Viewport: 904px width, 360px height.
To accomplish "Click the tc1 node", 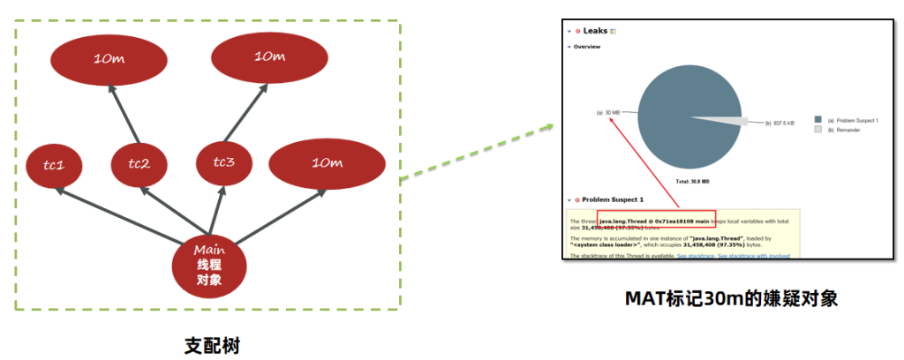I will click(55, 165).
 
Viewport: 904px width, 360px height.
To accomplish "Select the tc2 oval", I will click(139, 163).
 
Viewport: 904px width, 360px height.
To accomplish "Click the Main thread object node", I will click(209, 264).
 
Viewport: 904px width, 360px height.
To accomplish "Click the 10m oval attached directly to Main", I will click(327, 163).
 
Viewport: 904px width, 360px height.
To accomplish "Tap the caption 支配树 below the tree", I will click(211, 344).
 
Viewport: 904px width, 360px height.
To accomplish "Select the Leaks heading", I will click(596, 31).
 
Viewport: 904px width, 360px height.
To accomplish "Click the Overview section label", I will click(587, 47).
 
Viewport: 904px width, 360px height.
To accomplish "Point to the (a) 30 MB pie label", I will click(608, 113).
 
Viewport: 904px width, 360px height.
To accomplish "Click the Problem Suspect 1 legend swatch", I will click(817, 120).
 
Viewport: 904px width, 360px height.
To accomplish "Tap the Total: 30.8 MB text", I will click(692, 181).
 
